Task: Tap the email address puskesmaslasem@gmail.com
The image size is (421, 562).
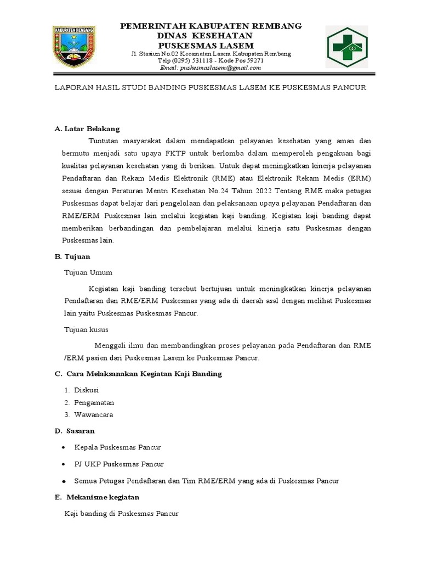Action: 210,68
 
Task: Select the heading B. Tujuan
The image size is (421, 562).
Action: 72,256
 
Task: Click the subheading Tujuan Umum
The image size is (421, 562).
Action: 89,272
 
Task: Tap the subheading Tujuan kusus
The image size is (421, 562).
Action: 87,329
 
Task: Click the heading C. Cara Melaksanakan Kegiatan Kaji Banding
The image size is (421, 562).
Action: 138,374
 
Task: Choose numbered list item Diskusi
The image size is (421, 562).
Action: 87,390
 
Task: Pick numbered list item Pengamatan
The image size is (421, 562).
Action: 94,402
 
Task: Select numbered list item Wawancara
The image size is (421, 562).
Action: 94,414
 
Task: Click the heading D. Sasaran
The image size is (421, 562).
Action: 75,431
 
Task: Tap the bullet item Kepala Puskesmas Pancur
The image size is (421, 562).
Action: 117,447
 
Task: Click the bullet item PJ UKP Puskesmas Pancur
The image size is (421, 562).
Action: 119,464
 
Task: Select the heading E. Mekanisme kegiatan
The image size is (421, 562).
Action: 97,497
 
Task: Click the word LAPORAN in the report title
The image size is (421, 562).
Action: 73,87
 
